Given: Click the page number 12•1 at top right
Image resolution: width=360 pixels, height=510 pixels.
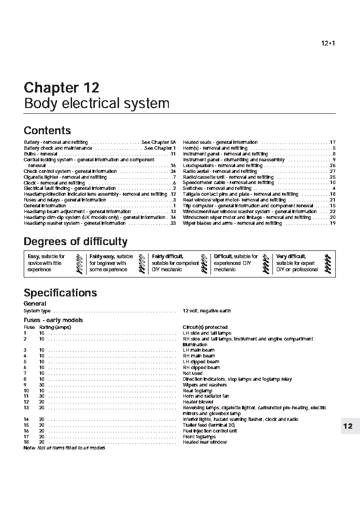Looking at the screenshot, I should [x=328, y=44].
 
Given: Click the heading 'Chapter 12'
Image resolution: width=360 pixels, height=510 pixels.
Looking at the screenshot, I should [x=61, y=88].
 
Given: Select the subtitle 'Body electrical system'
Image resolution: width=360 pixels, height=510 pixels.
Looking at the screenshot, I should [x=96, y=103].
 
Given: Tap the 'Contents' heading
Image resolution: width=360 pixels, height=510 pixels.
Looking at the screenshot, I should [x=47, y=130].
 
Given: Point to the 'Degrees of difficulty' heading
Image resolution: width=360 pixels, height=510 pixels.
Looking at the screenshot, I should [x=75, y=242].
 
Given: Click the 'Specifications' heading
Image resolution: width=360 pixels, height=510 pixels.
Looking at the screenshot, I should [x=60, y=293].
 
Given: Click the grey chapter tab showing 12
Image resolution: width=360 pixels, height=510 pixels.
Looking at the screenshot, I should [x=348, y=426].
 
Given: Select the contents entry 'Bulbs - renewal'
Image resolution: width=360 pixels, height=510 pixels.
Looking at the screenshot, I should [x=41, y=154].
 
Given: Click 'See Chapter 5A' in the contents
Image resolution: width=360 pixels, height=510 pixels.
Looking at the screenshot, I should [x=159, y=142].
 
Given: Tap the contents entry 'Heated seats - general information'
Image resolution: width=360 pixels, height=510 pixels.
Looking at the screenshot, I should [x=220, y=142].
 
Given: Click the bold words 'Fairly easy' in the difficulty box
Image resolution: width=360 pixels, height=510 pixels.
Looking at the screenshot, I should [x=102, y=257].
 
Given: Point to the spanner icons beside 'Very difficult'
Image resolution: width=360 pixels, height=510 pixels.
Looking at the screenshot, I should [x=328, y=263].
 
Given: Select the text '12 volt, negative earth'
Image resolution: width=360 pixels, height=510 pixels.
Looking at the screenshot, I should [x=207, y=311].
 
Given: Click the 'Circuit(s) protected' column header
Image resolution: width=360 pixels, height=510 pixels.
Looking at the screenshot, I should [x=205, y=327].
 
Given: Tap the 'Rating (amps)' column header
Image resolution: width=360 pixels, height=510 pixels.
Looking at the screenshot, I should [x=55, y=327].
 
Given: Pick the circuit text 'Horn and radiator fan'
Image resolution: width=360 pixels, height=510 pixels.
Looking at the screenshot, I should [x=206, y=396].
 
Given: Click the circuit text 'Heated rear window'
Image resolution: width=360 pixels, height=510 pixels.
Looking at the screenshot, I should [x=205, y=442].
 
